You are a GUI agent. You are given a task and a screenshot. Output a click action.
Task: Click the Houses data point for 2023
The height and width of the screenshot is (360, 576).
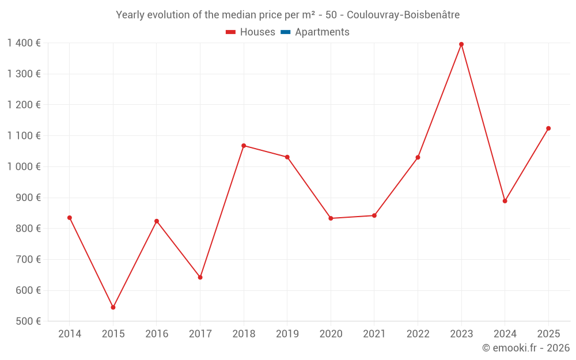click(x=461, y=44)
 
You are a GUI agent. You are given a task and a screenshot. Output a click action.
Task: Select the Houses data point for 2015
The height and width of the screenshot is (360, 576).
click(x=113, y=308)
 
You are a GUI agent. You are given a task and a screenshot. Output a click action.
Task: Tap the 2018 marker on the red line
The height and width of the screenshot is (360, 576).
click(x=244, y=146)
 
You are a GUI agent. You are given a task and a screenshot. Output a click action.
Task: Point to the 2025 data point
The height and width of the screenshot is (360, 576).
click(x=548, y=128)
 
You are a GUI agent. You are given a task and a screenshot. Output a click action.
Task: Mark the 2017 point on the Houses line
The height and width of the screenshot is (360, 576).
click(x=200, y=278)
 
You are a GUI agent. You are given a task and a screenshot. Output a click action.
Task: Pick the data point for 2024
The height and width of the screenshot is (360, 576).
click(x=505, y=201)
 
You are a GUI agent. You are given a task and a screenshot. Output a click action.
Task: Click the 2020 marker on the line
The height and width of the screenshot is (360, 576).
click(x=331, y=218)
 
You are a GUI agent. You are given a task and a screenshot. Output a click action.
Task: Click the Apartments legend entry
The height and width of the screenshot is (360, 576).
click(x=322, y=32)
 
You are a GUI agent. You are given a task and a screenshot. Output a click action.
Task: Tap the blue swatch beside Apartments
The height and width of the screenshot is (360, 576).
click(x=285, y=32)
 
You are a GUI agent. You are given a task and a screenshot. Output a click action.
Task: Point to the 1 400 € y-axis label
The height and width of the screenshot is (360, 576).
click(x=24, y=43)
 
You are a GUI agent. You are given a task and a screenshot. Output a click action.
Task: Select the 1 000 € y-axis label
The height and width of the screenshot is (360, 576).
click(x=24, y=166)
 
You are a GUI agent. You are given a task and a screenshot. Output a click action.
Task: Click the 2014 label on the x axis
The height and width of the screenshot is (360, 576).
click(x=70, y=334)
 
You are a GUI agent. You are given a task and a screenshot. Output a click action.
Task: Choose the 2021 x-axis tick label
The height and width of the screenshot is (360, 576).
click(x=374, y=334)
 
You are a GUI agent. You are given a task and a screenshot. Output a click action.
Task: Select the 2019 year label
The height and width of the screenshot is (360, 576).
click(x=287, y=334)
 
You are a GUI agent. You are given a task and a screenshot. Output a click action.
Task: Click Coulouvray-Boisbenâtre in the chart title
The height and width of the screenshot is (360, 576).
click(x=403, y=15)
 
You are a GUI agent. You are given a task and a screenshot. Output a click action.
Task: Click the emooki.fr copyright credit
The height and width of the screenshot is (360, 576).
click(x=526, y=348)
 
